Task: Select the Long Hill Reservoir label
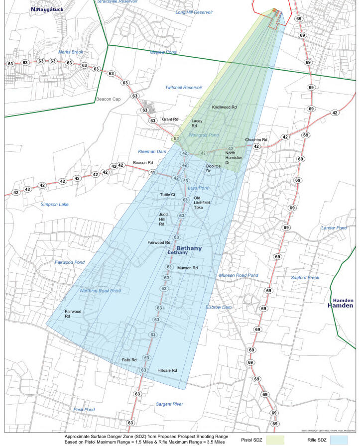pos(194,11)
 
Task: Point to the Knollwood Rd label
pos(224,107)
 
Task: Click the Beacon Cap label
pos(109,99)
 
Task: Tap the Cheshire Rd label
pos(256,140)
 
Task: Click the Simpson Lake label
pos(56,204)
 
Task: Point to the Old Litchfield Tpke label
pos(202,203)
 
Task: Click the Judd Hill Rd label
pos(162,219)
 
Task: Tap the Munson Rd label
pos(188,268)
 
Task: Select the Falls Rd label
pos(129,359)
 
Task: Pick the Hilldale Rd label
pos(167,370)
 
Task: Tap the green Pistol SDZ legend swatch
pos(275,440)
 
